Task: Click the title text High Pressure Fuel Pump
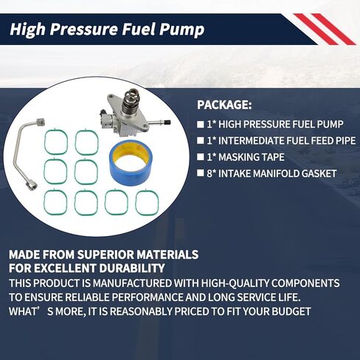[x=106, y=30]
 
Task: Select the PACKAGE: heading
[x=224, y=105]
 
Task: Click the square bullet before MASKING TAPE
[x=201, y=157]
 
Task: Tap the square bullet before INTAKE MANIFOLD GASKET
[x=201, y=174]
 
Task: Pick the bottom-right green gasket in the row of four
[x=147, y=202]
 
